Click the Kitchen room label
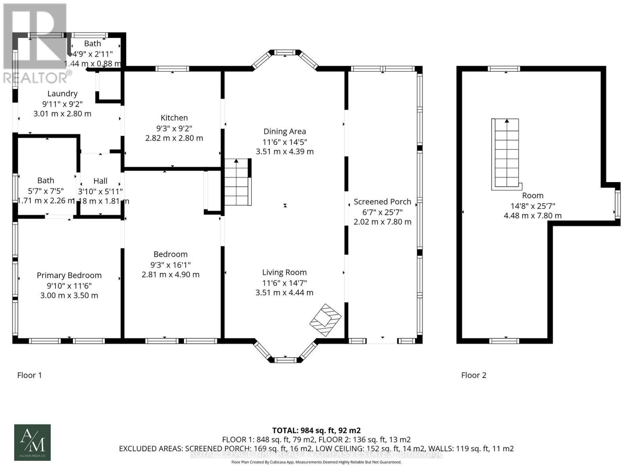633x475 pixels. (x=174, y=118)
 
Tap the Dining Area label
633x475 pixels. (x=284, y=131)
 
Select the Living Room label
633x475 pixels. (x=284, y=272)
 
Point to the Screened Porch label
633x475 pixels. (x=382, y=201)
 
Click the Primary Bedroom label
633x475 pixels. (x=69, y=275)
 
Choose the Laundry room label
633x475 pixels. (x=63, y=93)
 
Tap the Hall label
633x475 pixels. (x=100, y=181)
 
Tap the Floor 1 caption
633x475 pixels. (x=30, y=375)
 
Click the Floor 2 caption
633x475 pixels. (x=474, y=375)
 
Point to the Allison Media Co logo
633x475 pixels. (x=32, y=442)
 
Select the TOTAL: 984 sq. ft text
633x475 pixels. (x=316, y=430)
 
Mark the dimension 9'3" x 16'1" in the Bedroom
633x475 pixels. (x=171, y=264)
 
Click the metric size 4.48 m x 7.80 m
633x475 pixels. (x=533, y=216)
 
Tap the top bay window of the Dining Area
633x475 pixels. (x=285, y=52)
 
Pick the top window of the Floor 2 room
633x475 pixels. (x=504, y=69)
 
